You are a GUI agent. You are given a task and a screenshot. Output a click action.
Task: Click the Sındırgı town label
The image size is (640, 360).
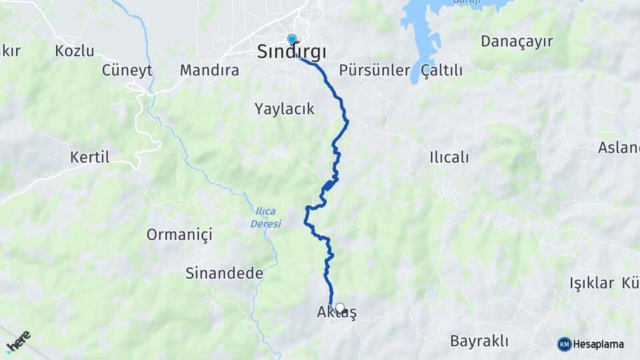pyautogui.click(x=292, y=53)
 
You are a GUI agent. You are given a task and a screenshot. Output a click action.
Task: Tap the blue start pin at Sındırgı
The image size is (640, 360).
pyautogui.click(x=291, y=39)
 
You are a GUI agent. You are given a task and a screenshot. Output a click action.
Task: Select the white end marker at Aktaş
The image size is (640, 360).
pyautogui.click(x=340, y=308)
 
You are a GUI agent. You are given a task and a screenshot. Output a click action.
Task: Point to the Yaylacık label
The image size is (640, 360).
pyautogui.click(x=284, y=109)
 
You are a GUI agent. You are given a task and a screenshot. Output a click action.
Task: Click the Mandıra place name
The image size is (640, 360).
pyautogui.click(x=209, y=70)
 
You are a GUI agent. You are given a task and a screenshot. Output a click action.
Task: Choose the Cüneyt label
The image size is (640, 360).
pyautogui.click(x=127, y=70)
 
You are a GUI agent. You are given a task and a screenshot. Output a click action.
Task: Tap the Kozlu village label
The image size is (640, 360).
pyautogui.click(x=75, y=51)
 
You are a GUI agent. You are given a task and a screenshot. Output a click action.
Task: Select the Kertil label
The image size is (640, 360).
pyautogui.click(x=89, y=157)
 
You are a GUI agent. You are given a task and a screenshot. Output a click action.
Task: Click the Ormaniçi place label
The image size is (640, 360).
pyautogui.click(x=179, y=235)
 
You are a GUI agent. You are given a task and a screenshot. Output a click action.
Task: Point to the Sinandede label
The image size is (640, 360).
pyautogui.click(x=224, y=273)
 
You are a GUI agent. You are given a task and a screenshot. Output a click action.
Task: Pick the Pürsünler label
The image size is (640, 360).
pyautogui.click(x=373, y=70)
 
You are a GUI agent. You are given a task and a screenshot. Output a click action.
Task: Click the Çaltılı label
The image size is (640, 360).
pyautogui.click(x=442, y=70)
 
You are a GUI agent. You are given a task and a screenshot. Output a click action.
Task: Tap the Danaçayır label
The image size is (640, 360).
pyautogui.click(x=517, y=41)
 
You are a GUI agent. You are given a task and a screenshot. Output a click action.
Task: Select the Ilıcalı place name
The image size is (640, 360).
pyautogui.click(x=449, y=157)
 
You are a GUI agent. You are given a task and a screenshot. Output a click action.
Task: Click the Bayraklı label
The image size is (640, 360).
pyautogui.click(x=479, y=341)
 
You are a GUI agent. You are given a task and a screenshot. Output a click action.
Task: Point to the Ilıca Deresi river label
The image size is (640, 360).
pyautogui.click(x=267, y=217)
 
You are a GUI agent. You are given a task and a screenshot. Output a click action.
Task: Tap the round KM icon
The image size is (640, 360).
pyautogui.click(x=565, y=344)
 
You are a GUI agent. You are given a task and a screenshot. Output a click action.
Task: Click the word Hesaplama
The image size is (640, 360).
pyautogui.click(x=599, y=344)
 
